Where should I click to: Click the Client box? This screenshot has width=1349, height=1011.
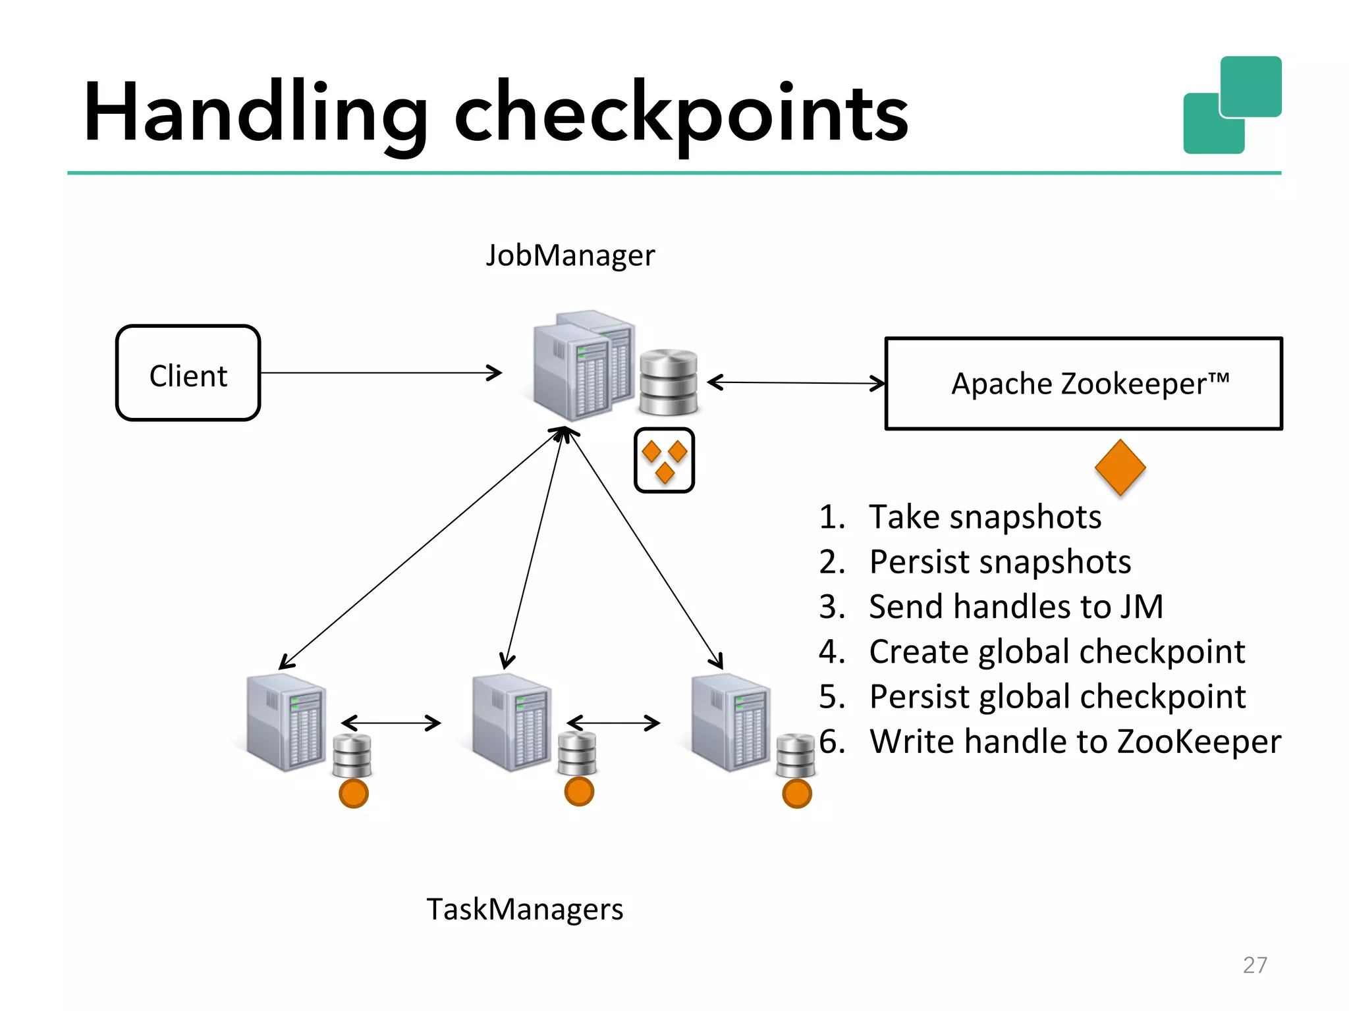pyautogui.click(x=188, y=373)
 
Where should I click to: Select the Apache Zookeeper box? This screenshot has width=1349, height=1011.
pyautogui.click(x=1084, y=384)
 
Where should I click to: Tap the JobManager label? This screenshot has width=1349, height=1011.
pyautogui.click(x=570, y=255)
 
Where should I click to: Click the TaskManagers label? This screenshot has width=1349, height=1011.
pyautogui.click(x=524, y=910)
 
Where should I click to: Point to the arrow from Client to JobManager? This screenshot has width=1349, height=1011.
pyautogui.click(x=380, y=373)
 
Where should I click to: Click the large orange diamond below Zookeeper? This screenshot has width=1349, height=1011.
pyautogui.click(x=1120, y=467)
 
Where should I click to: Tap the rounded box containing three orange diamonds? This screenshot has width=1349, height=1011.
pyautogui.click(x=664, y=460)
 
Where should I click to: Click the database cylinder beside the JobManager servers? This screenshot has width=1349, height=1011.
pyautogui.click(x=668, y=382)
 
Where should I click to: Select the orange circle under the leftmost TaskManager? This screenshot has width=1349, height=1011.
pyautogui.click(x=354, y=793)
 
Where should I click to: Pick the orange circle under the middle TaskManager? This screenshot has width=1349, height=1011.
pyautogui.click(x=579, y=791)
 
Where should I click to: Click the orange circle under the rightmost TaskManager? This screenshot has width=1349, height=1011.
pyautogui.click(x=796, y=793)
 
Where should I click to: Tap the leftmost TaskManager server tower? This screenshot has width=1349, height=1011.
pyautogui.click(x=285, y=722)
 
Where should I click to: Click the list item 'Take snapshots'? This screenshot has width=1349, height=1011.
pyautogui.click(x=985, y=517)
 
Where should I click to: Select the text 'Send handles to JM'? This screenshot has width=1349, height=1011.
pyautogui.click(x=1016, y=607)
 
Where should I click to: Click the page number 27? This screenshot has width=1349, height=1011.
pyautogui.click(x=1254, y=965)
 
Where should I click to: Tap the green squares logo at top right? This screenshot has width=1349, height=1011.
pyautogui.click(x=1232, y=105)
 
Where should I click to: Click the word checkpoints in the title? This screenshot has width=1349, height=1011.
pyautogui.click(x=681, y=113)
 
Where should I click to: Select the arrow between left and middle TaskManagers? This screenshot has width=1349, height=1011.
pyautogui.click(x=391, y=723)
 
